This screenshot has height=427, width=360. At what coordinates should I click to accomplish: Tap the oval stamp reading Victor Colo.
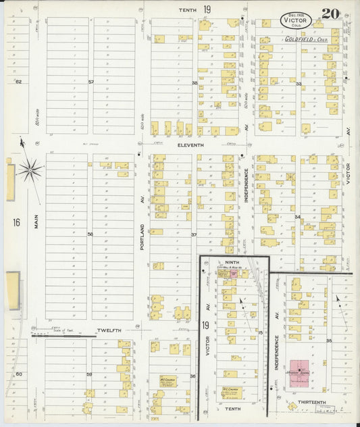point(296,19)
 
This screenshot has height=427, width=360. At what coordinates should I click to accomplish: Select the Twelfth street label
point(107,330)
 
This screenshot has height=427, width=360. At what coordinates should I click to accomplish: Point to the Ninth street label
point(232,262)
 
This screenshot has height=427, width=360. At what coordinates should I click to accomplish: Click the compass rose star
point(30,170)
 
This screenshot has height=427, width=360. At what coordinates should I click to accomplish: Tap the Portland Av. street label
point(142,236)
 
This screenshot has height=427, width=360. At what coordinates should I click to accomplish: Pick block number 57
point(90,82)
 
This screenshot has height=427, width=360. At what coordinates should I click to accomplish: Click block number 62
point(18,82)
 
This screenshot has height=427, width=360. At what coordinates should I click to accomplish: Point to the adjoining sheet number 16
point(16,222)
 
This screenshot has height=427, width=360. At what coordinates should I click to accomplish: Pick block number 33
point(298,83)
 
